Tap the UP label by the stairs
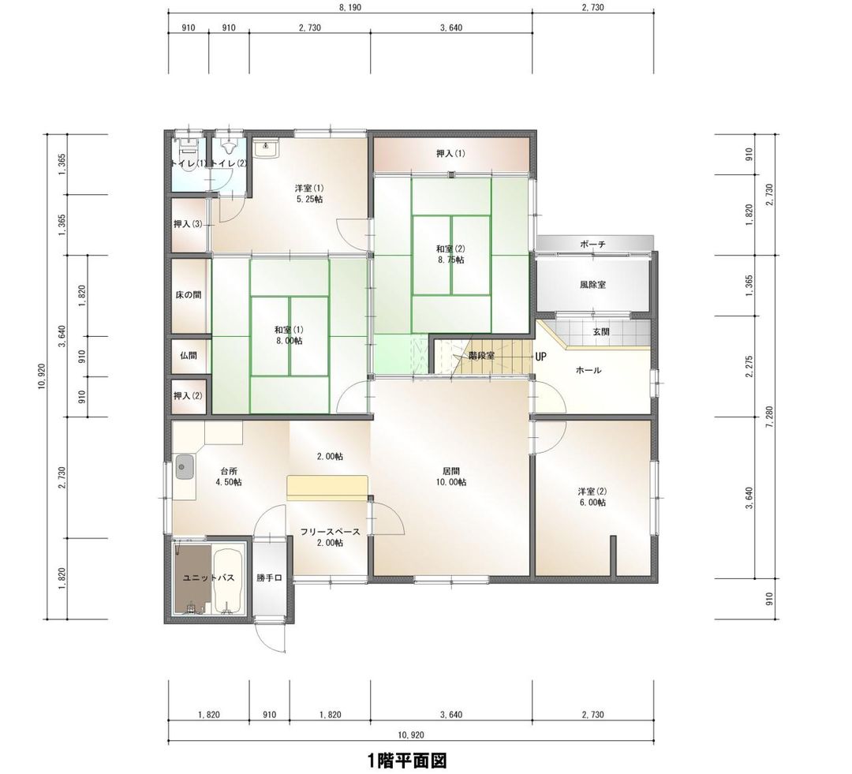click(540, 357)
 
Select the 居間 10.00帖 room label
click(452, 477)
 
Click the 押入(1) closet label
click(450, 153)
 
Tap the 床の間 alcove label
click(188, 294)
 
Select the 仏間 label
click(188, 355)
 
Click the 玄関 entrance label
click(601, 332)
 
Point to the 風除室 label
click(592, 284)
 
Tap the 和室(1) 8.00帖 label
click(289, 335)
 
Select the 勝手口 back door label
click(269, 578)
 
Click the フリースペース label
click(330, 532)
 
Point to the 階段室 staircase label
click(480, 356)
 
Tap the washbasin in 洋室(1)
click(267, 148)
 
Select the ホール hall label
click(589, 370)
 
